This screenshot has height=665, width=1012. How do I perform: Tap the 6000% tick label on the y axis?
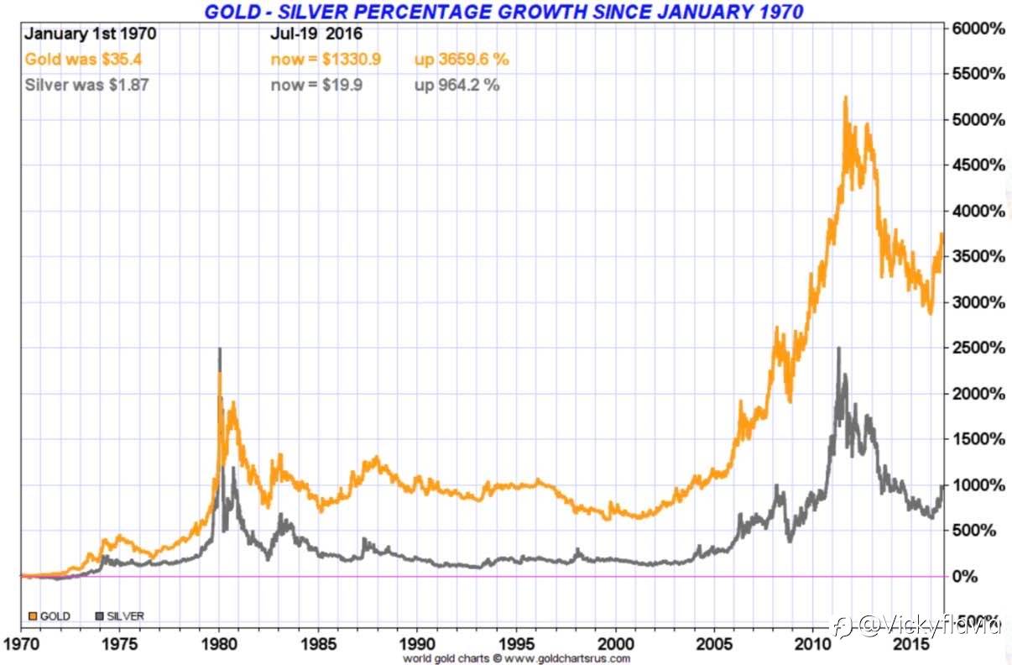coord(978,29)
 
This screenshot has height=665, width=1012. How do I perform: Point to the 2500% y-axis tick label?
coord(978,348)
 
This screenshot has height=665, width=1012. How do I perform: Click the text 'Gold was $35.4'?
coord(75,60)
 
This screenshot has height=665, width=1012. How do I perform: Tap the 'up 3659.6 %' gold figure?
coord(461,60)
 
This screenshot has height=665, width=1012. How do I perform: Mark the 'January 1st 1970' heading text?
coord(90,35)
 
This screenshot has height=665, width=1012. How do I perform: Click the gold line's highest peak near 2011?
coord(845,97)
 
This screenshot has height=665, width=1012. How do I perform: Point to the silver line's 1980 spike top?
coord(220,348)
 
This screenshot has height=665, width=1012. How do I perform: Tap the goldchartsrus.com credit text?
coord(515,658)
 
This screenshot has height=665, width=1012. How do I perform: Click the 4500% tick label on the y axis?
coord(978,165)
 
